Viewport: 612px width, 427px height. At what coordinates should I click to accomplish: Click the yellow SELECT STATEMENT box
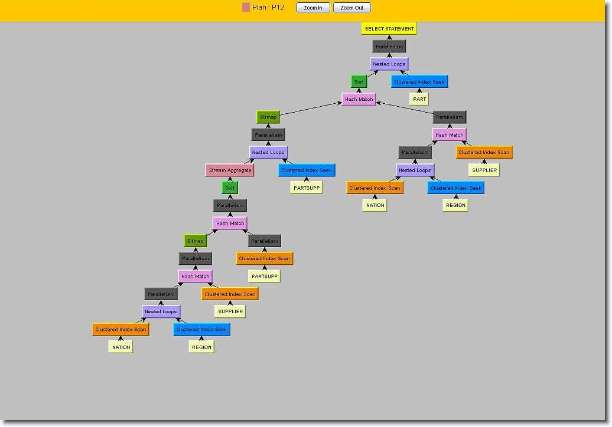pos(389,28)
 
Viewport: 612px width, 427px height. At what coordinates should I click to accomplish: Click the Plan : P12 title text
pos(268,8)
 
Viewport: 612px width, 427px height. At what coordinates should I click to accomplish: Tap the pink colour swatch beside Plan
pos(246,8)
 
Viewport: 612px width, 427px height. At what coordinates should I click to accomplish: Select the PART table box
pos(419,99)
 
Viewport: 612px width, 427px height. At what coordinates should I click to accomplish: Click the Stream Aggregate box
pos(230,170)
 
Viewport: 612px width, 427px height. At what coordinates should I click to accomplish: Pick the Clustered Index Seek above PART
pos(419,82)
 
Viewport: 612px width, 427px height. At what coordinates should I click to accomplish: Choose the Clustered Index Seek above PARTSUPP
pos(307,170)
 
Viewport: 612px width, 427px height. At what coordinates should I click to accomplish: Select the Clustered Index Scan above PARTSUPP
pos(265,259)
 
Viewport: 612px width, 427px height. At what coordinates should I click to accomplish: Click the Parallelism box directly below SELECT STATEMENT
pos(389,47)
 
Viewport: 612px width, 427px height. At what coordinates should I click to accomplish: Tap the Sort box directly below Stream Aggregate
pos(230,188)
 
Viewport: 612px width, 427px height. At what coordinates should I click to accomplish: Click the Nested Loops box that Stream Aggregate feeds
pos(269,152)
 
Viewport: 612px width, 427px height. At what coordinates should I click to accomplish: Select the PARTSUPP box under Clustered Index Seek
pos(307,188)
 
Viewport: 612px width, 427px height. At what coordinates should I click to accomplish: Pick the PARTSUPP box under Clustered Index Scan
pos(265,276)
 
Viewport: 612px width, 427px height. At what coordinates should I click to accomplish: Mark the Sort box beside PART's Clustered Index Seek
pos(359,82)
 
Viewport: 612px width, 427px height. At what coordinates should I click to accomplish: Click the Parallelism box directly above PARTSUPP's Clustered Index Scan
pos(265,241)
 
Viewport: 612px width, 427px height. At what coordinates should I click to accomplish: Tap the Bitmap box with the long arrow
pos(269,117)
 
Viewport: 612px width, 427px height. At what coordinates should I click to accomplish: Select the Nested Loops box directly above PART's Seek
pos(389,64)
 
